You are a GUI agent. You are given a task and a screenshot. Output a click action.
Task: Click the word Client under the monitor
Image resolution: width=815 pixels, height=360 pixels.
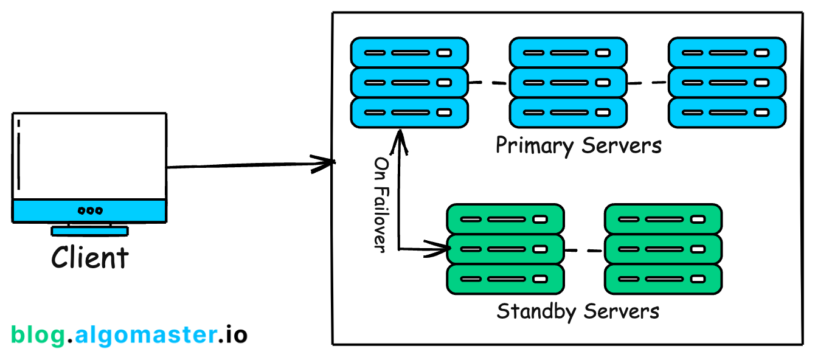tap(90, 258)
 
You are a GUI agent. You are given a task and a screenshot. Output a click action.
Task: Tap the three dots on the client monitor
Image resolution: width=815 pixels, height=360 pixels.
tap(90, 211)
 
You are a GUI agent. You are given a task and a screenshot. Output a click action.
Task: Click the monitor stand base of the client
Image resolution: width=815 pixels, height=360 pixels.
tap(90, 231)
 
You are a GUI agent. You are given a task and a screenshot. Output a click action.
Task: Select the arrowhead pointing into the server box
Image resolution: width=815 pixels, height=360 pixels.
tap(325, 162)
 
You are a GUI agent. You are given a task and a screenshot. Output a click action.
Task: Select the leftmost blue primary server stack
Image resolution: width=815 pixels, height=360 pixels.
tap(409, 83)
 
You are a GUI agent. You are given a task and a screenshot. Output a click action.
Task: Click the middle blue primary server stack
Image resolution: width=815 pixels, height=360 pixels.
tap(568, 83)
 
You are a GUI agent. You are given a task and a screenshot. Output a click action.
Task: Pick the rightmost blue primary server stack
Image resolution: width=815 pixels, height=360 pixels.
tap(727, 83)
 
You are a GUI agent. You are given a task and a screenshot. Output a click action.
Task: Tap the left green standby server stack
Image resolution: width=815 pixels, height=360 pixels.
tap(505, 249)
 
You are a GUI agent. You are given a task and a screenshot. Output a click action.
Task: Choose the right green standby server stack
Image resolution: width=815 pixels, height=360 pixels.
tap(663, 249)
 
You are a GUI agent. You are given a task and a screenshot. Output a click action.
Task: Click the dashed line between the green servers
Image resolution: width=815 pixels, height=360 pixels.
tap(584, 250)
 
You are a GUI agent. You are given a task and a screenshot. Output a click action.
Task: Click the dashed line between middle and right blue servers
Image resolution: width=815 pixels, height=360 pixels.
tap(648, 83)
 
